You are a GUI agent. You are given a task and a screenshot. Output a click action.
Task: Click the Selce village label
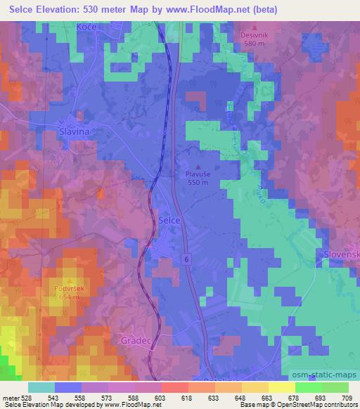(x=171, y=220)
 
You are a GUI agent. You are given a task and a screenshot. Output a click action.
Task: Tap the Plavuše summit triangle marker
(x=198, y=165)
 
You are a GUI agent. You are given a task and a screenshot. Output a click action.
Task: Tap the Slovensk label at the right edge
(x=342, y=253)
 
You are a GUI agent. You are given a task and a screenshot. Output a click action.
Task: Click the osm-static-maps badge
(x=324, y=372)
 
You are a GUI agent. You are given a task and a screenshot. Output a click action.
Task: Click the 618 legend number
(x=188, y=397)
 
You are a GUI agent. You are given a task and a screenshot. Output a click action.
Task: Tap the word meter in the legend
(x=10, y=397)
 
